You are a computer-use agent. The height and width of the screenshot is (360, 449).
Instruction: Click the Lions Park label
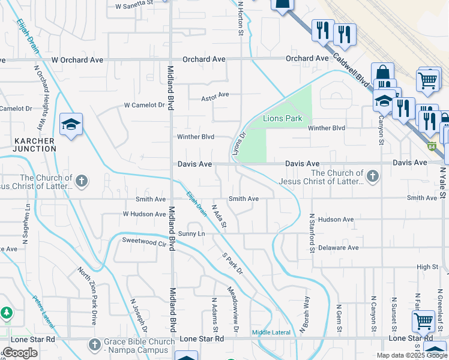(x=283, y=118)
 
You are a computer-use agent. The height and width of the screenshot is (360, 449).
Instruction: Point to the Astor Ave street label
(x=215, y=95)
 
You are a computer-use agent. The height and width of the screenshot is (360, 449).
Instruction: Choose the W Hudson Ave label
(x=144, y=214)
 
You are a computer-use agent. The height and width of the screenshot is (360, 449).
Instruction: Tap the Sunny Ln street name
(x=191, y=233)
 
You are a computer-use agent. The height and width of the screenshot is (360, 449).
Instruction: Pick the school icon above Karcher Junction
(x=71, y=125)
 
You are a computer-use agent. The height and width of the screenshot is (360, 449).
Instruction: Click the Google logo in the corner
(x=20, y=353)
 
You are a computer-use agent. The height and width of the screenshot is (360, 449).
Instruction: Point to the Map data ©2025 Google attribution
(x=411, y=355)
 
